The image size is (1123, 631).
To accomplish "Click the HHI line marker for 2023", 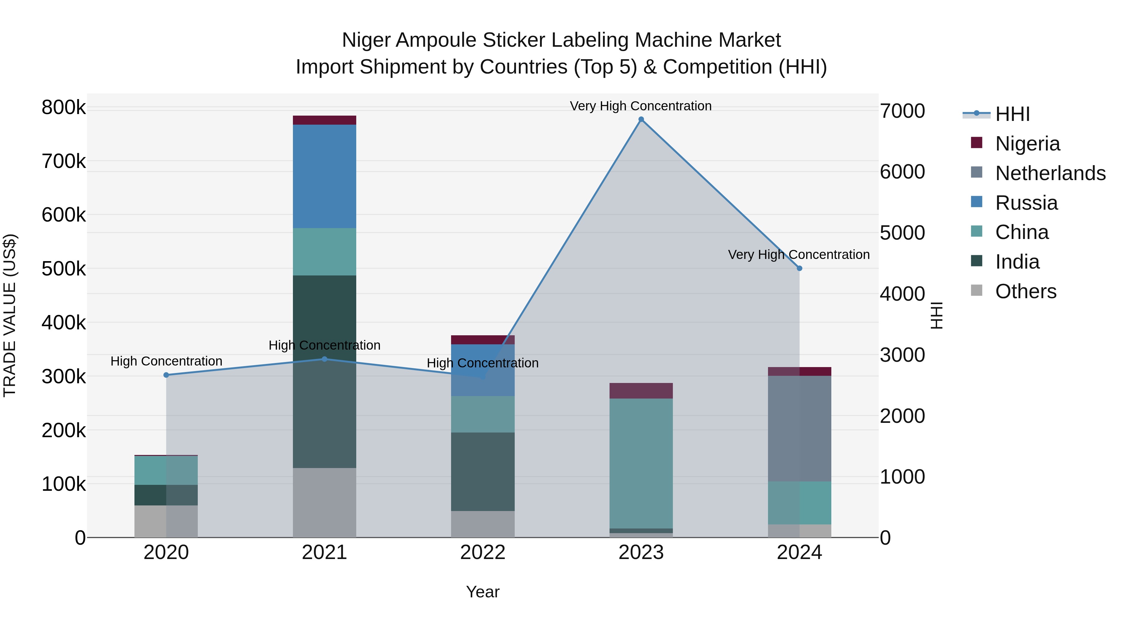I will pyautogui.click(x=641, y=119).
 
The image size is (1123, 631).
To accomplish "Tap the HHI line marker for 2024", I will pyautogui.click(x=799, y=268).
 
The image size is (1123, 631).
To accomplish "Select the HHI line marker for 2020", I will pyautogui.click(x=166, y=375).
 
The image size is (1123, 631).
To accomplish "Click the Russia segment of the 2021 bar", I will pyautogui.click(x=324, y=176).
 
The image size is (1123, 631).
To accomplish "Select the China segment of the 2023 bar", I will pyautogui.click(x=641, y=463).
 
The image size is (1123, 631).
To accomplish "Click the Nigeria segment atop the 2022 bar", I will pyautogui.click(x=483, y=340).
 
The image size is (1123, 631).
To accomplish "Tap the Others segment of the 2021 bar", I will pyautogui.click(x=324, y=503).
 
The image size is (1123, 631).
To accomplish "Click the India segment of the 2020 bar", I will pyautogui.click(x=166, y=495).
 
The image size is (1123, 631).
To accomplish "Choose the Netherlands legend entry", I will pyautogui.click(x=1050, y=173).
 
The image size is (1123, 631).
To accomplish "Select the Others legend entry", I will pyautogui.click(x=1025, y=291).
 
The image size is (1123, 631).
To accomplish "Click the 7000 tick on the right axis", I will pyautogui.click(x=902, y=111).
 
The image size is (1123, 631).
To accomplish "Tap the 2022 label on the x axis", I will pyautogui.click(x=483, y=552).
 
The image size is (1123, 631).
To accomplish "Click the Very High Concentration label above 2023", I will pyautogui.click(x=640, y=106).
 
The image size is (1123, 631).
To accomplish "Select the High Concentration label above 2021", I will pyautogui.click(x=324, y=345).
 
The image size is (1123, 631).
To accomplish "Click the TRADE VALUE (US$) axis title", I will pyautogui.click(x=10, y=315).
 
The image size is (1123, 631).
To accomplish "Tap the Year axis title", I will pyautogui.click(x=483, y=592).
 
